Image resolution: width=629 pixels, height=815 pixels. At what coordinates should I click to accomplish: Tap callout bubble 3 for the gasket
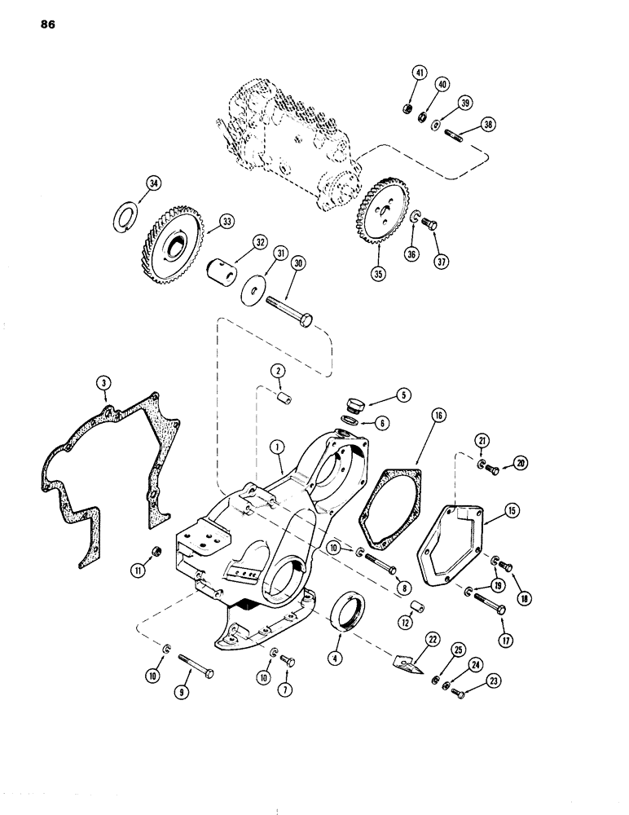point(103,382)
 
